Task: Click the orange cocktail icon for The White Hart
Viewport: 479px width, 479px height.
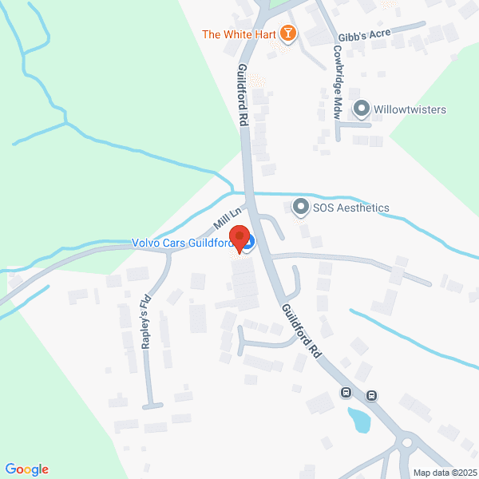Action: tap(289, 34)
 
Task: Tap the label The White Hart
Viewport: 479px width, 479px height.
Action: tap(239, 34)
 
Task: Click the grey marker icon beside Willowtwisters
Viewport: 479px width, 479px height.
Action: tap(361, 109)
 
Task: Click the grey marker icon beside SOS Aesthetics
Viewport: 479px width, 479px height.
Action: tap(300, 208)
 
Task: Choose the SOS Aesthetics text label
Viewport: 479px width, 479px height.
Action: tap(350, 208)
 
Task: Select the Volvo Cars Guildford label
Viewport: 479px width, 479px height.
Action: tap(181, 243)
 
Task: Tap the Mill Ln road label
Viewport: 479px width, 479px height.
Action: tap(227, 218)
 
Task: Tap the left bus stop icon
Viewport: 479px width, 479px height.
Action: tap(346, 392)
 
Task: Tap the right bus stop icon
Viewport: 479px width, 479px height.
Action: tap(372, 395)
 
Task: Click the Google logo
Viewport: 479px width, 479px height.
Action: tap(26, 469)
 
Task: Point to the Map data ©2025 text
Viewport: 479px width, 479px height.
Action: tap(444, 472)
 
